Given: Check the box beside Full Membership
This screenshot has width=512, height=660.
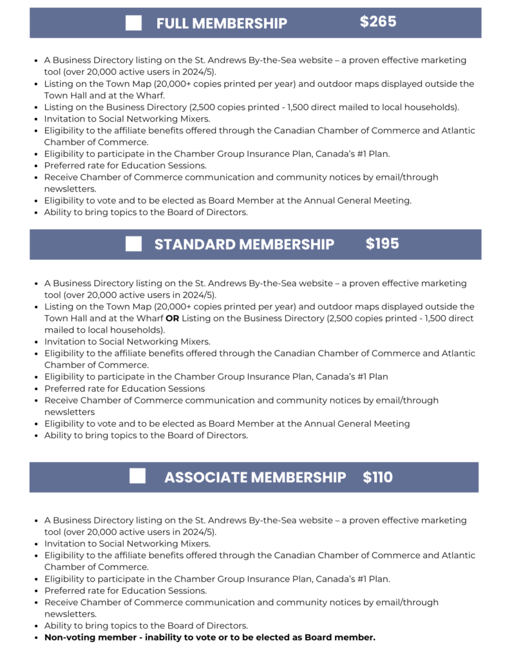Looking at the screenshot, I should [134, 23].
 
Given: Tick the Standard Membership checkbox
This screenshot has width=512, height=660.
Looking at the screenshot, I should [134, 244].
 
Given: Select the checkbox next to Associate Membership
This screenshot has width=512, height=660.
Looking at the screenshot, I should [137, 476].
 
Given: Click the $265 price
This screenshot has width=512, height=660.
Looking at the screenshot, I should [378, 22].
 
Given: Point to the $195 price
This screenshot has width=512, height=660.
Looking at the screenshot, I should [383, 244].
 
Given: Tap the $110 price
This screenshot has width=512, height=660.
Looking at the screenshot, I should [377, 477].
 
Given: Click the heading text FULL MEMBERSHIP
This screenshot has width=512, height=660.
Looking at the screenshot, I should [222, 24].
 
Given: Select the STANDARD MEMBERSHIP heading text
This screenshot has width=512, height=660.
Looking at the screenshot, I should [244, 244].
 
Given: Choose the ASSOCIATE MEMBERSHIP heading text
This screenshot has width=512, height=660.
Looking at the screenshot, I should [255, 478].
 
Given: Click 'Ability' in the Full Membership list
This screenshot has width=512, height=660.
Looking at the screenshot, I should [57, 212].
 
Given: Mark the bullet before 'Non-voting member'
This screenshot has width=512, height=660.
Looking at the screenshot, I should [35, 637].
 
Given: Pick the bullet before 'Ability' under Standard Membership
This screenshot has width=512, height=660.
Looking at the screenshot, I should [35, 436].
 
